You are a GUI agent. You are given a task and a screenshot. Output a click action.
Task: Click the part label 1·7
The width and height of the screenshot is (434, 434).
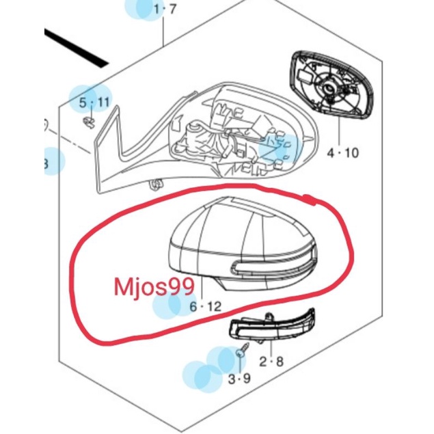tap(164, 10)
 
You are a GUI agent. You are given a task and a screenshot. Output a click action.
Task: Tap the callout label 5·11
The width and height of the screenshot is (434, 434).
tap(94, 103)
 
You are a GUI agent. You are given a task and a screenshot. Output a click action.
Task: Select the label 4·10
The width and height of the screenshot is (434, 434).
tap(342, 154)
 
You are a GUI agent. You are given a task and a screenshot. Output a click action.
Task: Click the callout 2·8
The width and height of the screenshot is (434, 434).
tap(271, 362)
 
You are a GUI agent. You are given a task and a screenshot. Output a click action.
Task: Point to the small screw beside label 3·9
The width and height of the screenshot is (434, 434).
tap(241, 353)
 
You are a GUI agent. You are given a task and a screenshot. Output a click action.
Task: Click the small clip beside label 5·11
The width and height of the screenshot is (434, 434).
tap(89, 122)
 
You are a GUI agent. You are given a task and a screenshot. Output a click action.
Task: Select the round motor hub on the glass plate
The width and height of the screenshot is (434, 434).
tap(331, 87)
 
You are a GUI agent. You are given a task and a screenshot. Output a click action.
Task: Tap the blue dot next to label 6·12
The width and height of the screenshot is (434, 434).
tap(171, 308)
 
